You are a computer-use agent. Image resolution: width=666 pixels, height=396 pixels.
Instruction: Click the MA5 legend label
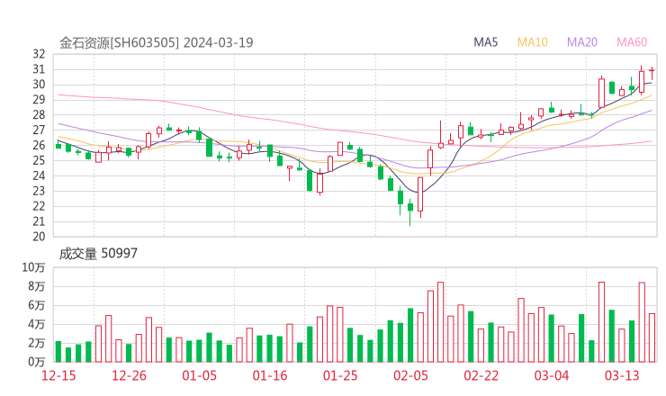[x=486, y=42]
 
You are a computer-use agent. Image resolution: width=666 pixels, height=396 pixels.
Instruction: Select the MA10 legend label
[x=533, y=42]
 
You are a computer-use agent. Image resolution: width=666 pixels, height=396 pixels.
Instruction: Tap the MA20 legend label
[x=582, y=42]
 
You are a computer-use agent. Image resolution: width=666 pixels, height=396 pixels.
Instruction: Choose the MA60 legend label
[x=632, y=42]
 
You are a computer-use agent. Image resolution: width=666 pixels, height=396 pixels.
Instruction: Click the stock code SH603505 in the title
[x=145, y=42]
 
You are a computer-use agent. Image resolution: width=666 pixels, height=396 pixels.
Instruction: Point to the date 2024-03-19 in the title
[x=220, y=42]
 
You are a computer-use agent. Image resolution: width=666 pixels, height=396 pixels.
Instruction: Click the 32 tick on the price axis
[x=39, y=54]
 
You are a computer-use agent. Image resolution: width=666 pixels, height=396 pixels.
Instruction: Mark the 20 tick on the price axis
[x=39, y=237]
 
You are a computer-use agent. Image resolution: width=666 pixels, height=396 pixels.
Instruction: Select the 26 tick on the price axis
[x=39, y=145]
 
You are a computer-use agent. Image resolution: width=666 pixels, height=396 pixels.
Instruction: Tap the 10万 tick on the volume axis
[x=34, y=267]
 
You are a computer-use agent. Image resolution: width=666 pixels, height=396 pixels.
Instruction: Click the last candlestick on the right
[x=652, y=70]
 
